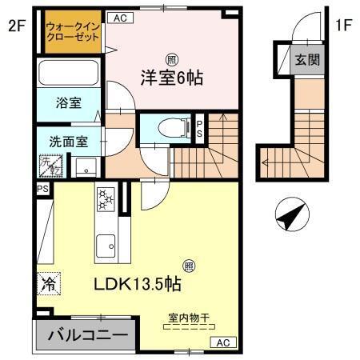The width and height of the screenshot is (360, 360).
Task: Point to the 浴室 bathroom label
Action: click(68, 102)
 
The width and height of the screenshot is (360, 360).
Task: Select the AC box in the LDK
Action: click(222, 342)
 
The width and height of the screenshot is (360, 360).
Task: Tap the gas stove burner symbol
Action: click(105, 197)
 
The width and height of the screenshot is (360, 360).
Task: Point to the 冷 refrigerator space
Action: click(47, 283)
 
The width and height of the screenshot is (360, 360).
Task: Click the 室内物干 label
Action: click(188, 318)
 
